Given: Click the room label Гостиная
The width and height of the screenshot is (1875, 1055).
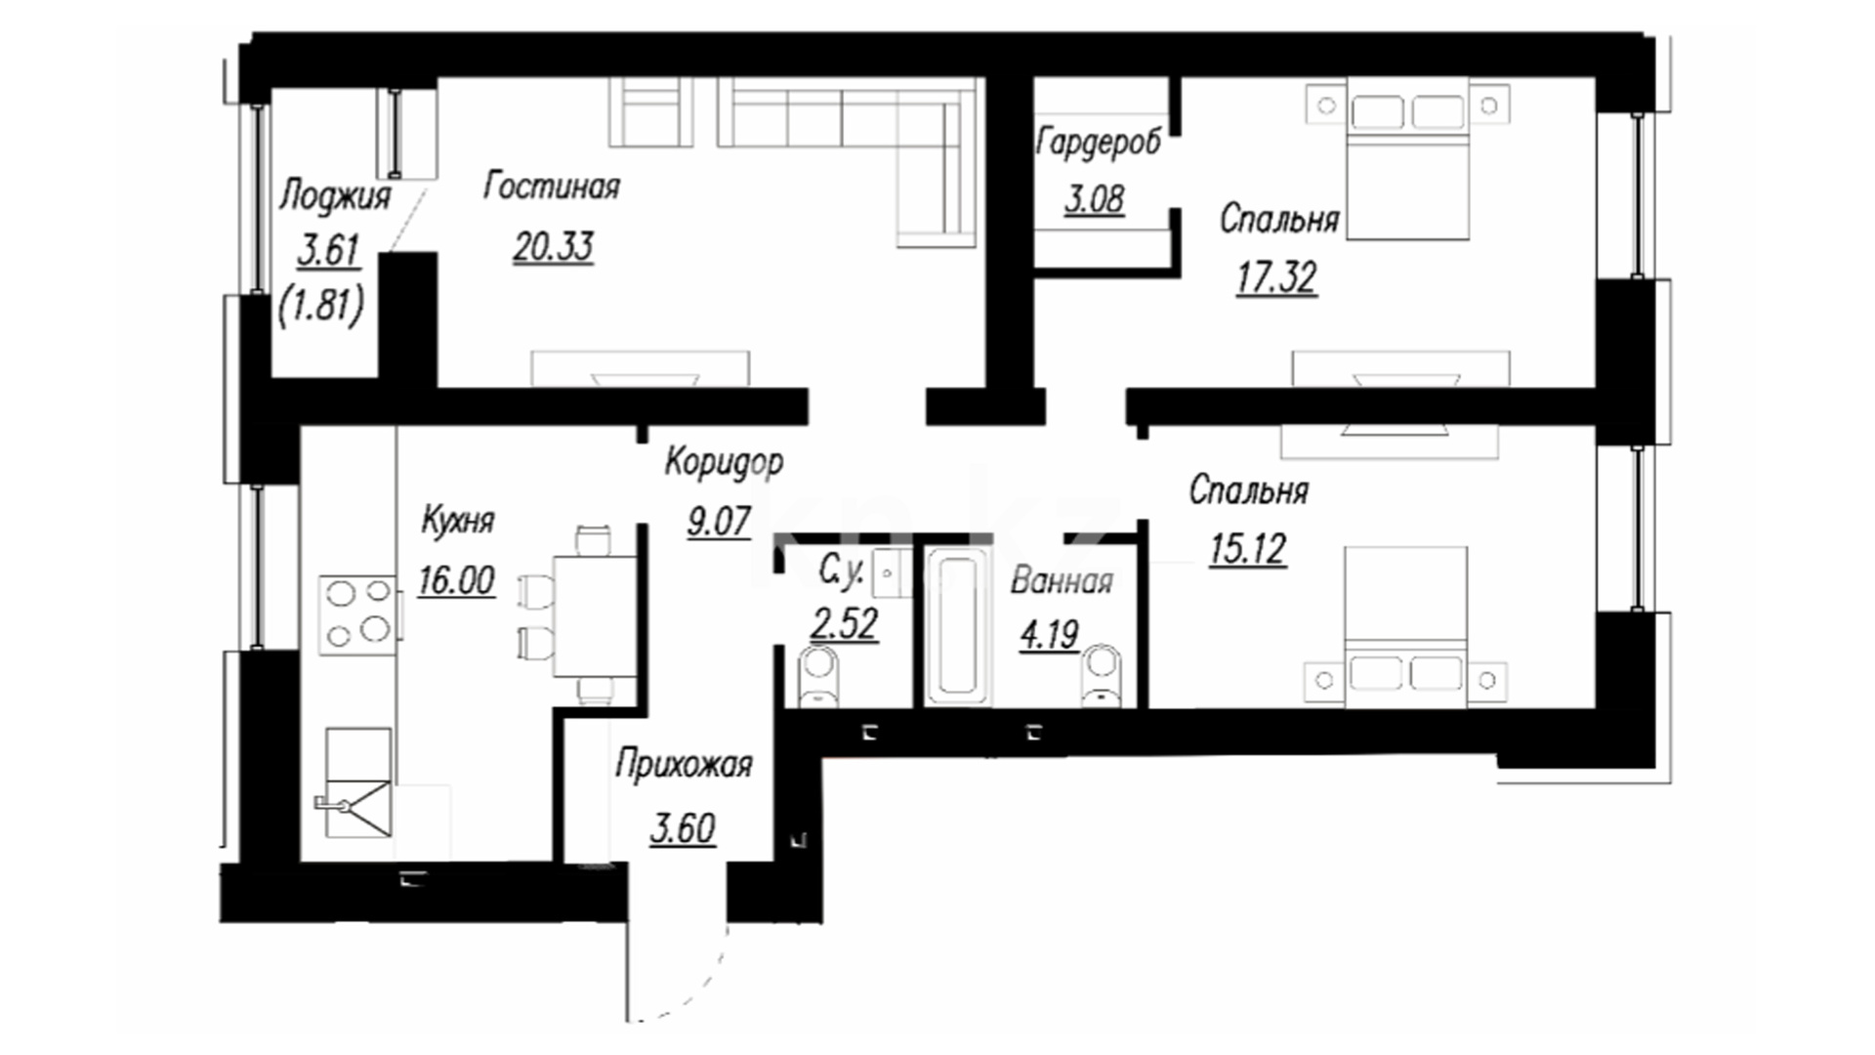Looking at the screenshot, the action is click(552, 187).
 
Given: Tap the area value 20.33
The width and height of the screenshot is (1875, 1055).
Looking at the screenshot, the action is click(554, 247).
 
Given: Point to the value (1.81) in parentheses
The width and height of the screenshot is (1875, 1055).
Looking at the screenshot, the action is click(321, 308).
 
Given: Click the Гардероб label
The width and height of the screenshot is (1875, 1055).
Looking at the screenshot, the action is click(1099, 143).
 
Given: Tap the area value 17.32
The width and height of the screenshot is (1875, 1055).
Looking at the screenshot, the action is click(1276, 278).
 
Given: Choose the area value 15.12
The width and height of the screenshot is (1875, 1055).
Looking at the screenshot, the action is click(1247, 549).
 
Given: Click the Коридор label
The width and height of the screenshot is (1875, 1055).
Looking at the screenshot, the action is click(724, 462).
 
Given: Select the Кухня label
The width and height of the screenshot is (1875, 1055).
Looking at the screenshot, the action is click(457, 521).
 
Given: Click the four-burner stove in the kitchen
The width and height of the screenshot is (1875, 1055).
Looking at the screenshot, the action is click(358, 614).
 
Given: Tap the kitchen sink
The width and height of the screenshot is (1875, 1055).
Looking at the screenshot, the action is click(357, 782).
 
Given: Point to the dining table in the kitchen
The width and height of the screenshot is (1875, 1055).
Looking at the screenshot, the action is click(595, 615).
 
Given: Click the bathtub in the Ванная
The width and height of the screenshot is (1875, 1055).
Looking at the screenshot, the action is click(958, 627).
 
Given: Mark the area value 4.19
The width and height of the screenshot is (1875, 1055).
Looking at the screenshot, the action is click(1049, 636).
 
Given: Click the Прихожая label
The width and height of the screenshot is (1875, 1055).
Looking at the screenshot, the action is click(684, 765).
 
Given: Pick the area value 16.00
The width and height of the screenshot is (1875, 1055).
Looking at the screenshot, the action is click(456, 581).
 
